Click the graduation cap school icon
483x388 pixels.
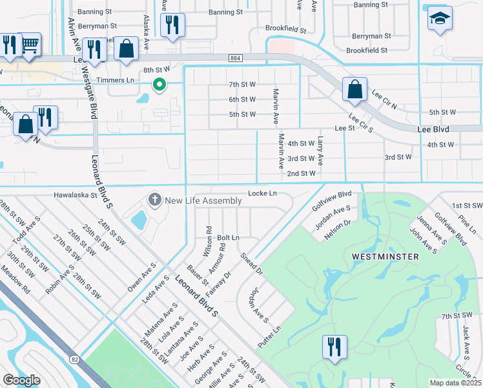click(x=440, y=19)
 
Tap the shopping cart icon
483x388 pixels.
click(x=30, y=45)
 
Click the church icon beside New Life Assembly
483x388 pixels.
click(x=154, y=200)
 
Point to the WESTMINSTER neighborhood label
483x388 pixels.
click(x=385, y=257)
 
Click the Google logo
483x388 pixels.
click(x=21, y=380)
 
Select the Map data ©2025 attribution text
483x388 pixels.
click(x=455, y=383)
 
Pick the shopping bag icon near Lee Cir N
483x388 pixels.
click(x=355, y=90)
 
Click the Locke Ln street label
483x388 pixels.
click(x=262, y=193)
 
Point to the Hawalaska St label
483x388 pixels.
click(x=75, y=194)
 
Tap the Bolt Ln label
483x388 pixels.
click(x=228, y=238)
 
